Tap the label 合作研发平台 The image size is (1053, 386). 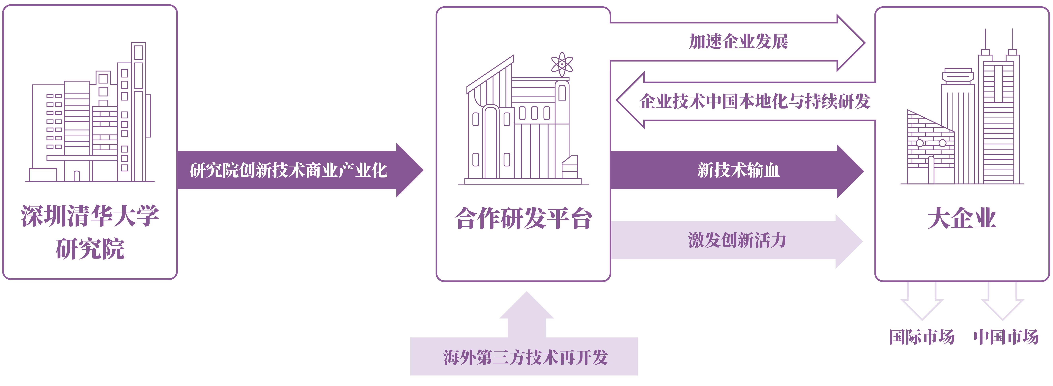(523, 219)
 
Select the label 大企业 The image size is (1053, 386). (961, 219)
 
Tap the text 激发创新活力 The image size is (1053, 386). (737, 240)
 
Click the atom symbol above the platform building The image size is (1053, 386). (562, 64)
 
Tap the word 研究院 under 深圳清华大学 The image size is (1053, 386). (90, 249)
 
